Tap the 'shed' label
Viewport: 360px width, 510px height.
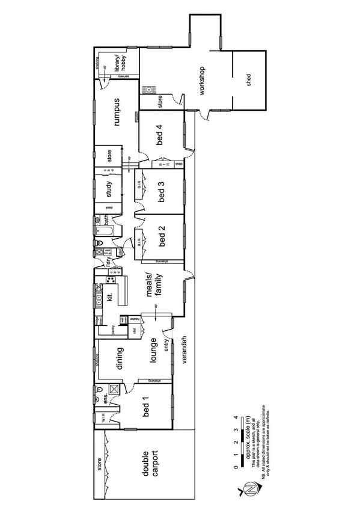click(x=249, y=81)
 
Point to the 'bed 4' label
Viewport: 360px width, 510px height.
click(x=159, y=136)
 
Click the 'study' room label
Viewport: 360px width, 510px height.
click(x=109, y=189)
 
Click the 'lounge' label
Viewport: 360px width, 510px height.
click(x=153, y=349)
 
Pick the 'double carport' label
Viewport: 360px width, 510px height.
click(x=149, y=464)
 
